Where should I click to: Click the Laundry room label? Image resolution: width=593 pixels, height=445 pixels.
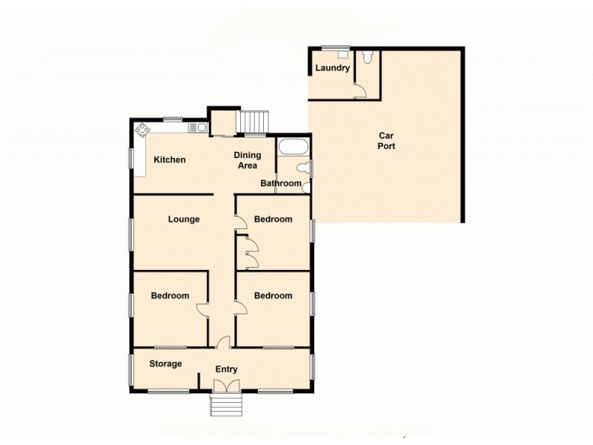332,68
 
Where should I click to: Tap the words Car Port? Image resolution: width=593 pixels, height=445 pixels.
386,141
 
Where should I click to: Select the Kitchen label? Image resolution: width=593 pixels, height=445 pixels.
170,160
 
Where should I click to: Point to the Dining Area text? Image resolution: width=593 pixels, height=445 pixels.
248,160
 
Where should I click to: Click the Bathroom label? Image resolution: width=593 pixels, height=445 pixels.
281,184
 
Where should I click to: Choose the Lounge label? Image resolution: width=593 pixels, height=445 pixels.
183,220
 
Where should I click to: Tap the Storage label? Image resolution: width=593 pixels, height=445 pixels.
165,364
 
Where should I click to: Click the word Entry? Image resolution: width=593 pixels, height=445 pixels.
226,369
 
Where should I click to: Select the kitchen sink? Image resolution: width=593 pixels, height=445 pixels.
197,128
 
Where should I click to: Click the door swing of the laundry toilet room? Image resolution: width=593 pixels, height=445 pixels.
360,90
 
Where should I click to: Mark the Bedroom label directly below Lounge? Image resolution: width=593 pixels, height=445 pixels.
170,296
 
